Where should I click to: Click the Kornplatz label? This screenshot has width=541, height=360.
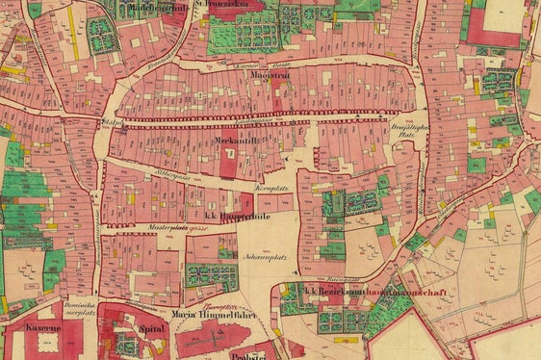coord(272,186)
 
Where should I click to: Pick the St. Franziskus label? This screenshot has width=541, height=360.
coord(221,4)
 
